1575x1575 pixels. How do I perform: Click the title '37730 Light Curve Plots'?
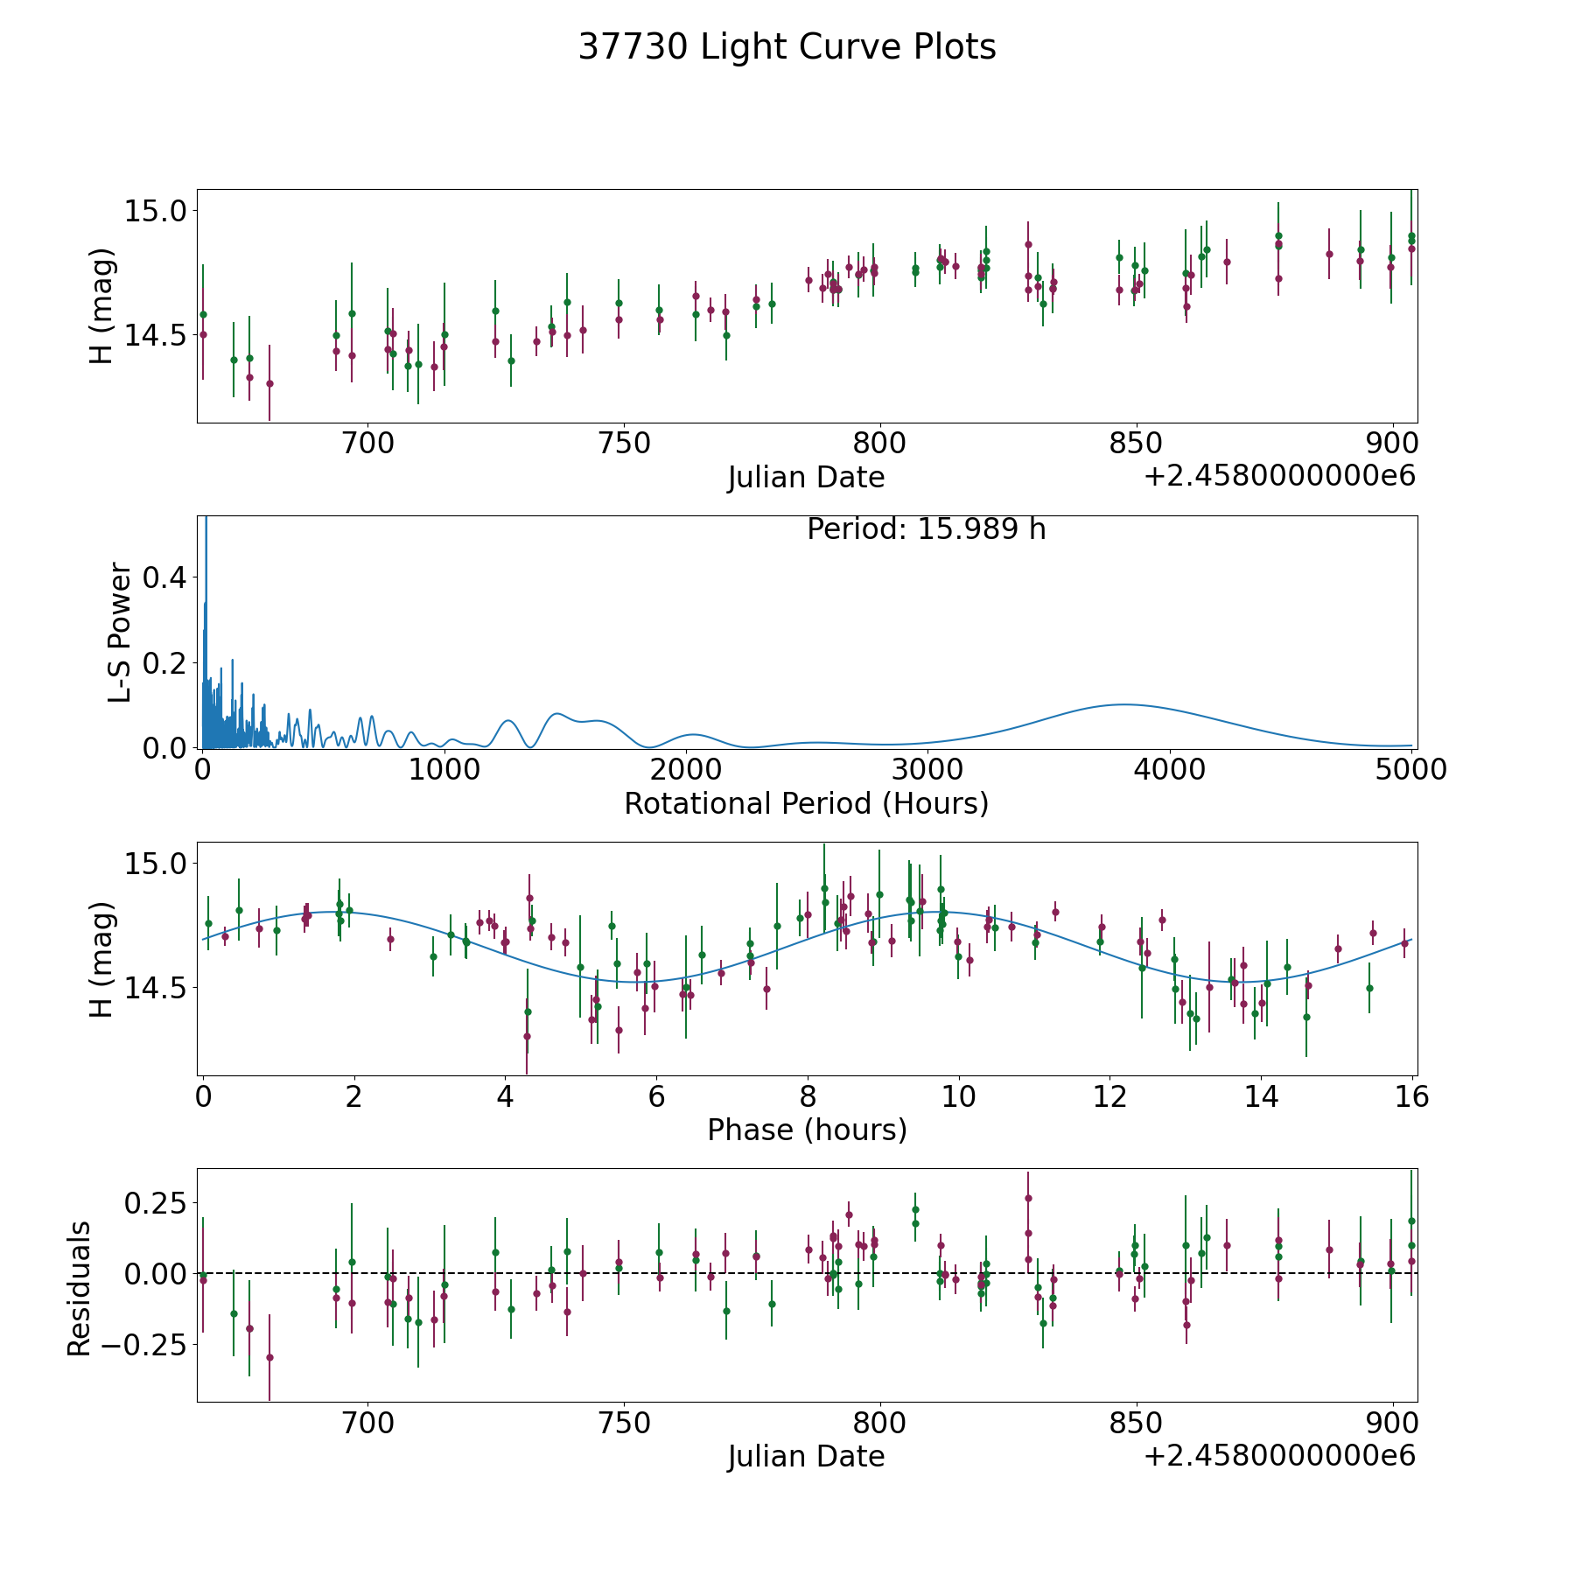pyautogui.click(x=787, y=47)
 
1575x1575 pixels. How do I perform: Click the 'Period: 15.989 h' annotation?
pyautogui.click(x=926, y=529)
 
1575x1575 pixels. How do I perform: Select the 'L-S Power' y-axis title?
pyautogui.click(x=121, y=633)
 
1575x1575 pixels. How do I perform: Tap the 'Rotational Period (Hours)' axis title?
pyautogui.click(x=806, y=803)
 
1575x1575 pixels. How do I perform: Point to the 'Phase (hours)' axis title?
pyautogui.click(x=807, y=1130)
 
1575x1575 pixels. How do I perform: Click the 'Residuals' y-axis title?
pyautogui.click(x=80, y=1289)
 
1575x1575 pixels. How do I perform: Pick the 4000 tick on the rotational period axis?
pyautogui.click(x=1168, y=770)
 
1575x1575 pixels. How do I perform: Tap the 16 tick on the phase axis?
pyautogui.click(x=1411, y=1096)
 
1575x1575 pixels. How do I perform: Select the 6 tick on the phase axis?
pyautogui.click(x=655, y=1096)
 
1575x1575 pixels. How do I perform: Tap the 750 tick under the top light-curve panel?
pyautogui.click(x=623, y=444)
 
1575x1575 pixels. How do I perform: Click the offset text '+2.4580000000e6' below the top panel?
pyautogui.click(x=1279, y=477)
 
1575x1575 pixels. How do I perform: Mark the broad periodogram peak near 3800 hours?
pyautogui.click(x=1123, y=704)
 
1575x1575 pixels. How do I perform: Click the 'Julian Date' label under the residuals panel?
pyautogui.click(x=806, y=1456)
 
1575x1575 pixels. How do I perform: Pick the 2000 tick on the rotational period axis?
pyautogui.click(x=685, y=770)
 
